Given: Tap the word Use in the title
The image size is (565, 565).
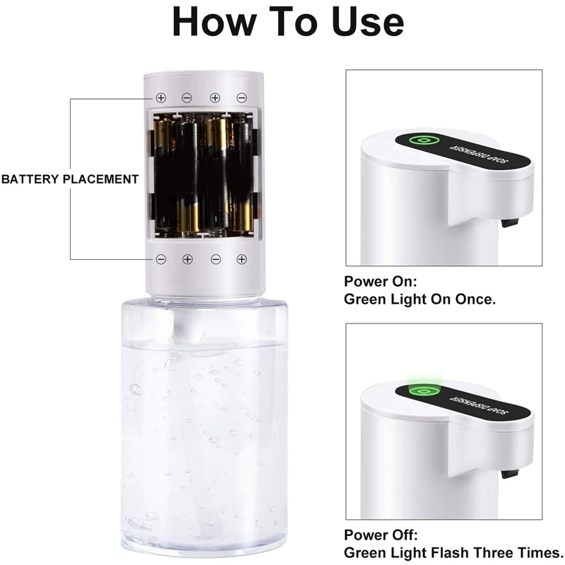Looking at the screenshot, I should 364,23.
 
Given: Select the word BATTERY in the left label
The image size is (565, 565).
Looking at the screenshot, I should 30,179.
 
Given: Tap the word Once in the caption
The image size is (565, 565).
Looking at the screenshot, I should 472,299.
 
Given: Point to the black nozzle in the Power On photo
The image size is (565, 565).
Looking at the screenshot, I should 508,223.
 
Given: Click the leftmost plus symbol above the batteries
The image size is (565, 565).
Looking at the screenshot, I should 161,97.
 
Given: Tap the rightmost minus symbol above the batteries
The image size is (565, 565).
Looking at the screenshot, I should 242,97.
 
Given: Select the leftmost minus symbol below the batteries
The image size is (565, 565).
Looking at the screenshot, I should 161,259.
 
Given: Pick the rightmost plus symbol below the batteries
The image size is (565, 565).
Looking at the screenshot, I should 242,259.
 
